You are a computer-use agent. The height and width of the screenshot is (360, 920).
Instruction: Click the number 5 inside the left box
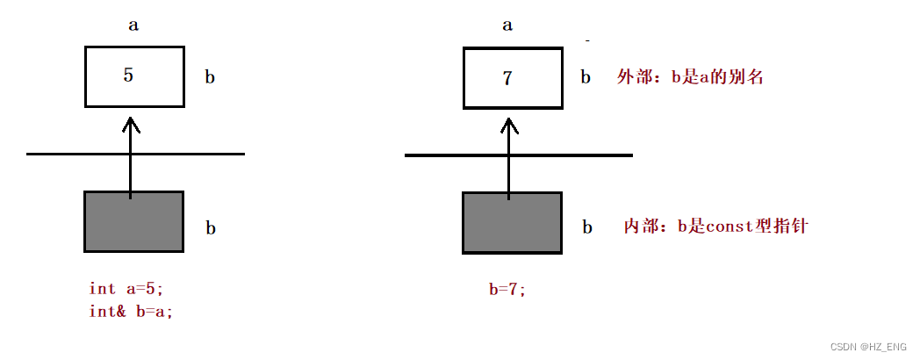pyautogui.click(x=128, y=76)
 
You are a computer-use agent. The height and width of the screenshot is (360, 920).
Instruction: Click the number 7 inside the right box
pyautogui.click(x=507, y=78)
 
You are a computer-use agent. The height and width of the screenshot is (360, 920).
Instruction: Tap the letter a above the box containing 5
pyautogui.click(x=133, y=25)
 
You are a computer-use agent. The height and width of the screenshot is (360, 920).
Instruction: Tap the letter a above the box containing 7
pyautogui.click(x=507, y=25)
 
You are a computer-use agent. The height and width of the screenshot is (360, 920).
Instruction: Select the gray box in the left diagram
pyautogui.click(x=134, y=221)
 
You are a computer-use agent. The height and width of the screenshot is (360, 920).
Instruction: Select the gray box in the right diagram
pyautogui.click(x=512, y=222)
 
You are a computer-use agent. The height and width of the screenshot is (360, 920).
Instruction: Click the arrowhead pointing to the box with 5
pyautogui.click(x=130, y=125)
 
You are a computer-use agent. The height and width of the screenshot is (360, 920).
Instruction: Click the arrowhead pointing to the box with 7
pyautogui.click(x=508, y=125)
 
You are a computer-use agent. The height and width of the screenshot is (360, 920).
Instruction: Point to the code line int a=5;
pyautogui.click(x=126, y=288)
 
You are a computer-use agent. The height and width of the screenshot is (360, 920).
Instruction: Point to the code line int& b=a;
pyautogui.click(x=131, y=311)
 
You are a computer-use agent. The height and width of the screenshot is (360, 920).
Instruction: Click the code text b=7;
pyautogui.click(x=507, y=290)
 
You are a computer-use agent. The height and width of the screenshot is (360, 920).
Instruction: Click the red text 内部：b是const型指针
pyautogui.click(x=715, y=227)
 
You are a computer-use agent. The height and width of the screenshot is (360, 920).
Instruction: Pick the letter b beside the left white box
pyautogui.click(x=210, y=77)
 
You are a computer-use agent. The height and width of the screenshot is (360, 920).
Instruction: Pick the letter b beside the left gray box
pyautogui.click(x=211, y=228)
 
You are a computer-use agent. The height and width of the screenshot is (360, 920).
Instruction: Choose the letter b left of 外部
pyautogui.click(x=586, y=77)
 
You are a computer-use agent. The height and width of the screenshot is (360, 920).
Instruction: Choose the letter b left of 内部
pyautogui.click(x=586, y=227)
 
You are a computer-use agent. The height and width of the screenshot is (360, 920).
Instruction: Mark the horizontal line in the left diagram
pyautogui.click(x=70, y=155)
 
